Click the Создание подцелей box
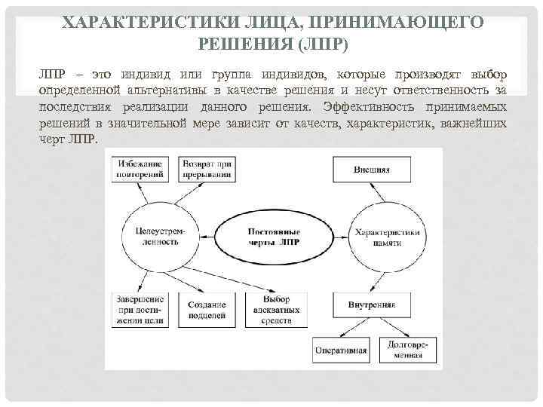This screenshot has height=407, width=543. tap(207, 310)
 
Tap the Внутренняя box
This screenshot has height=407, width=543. tap(372, 305)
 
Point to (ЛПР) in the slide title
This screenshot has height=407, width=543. tap(323, 44)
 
